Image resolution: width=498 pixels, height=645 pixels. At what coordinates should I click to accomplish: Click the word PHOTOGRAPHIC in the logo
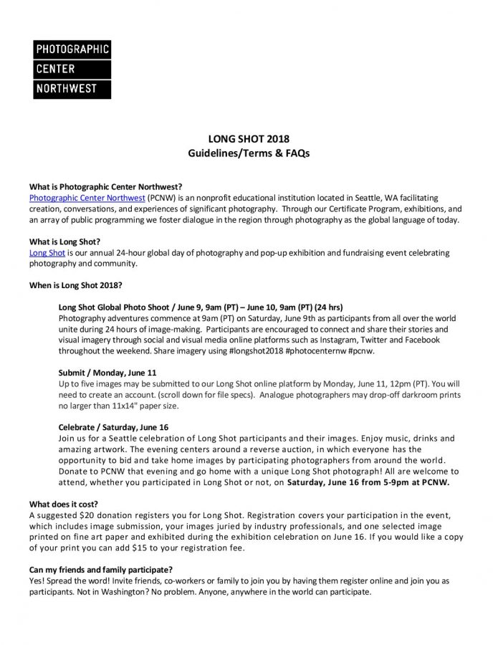72,49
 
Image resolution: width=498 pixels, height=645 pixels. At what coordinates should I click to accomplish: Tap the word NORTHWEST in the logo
64,90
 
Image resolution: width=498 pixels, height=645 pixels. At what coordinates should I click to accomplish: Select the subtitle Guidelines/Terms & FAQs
249,153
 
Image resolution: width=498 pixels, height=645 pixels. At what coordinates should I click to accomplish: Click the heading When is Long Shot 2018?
75,285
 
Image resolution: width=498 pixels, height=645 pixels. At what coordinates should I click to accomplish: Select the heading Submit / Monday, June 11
107,373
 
